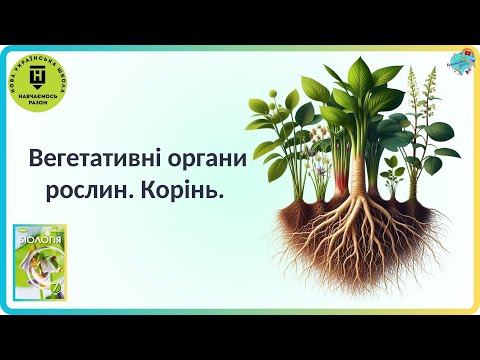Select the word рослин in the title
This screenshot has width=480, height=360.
(x=106, y=189)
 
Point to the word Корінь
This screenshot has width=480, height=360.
(x=191, y=189)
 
